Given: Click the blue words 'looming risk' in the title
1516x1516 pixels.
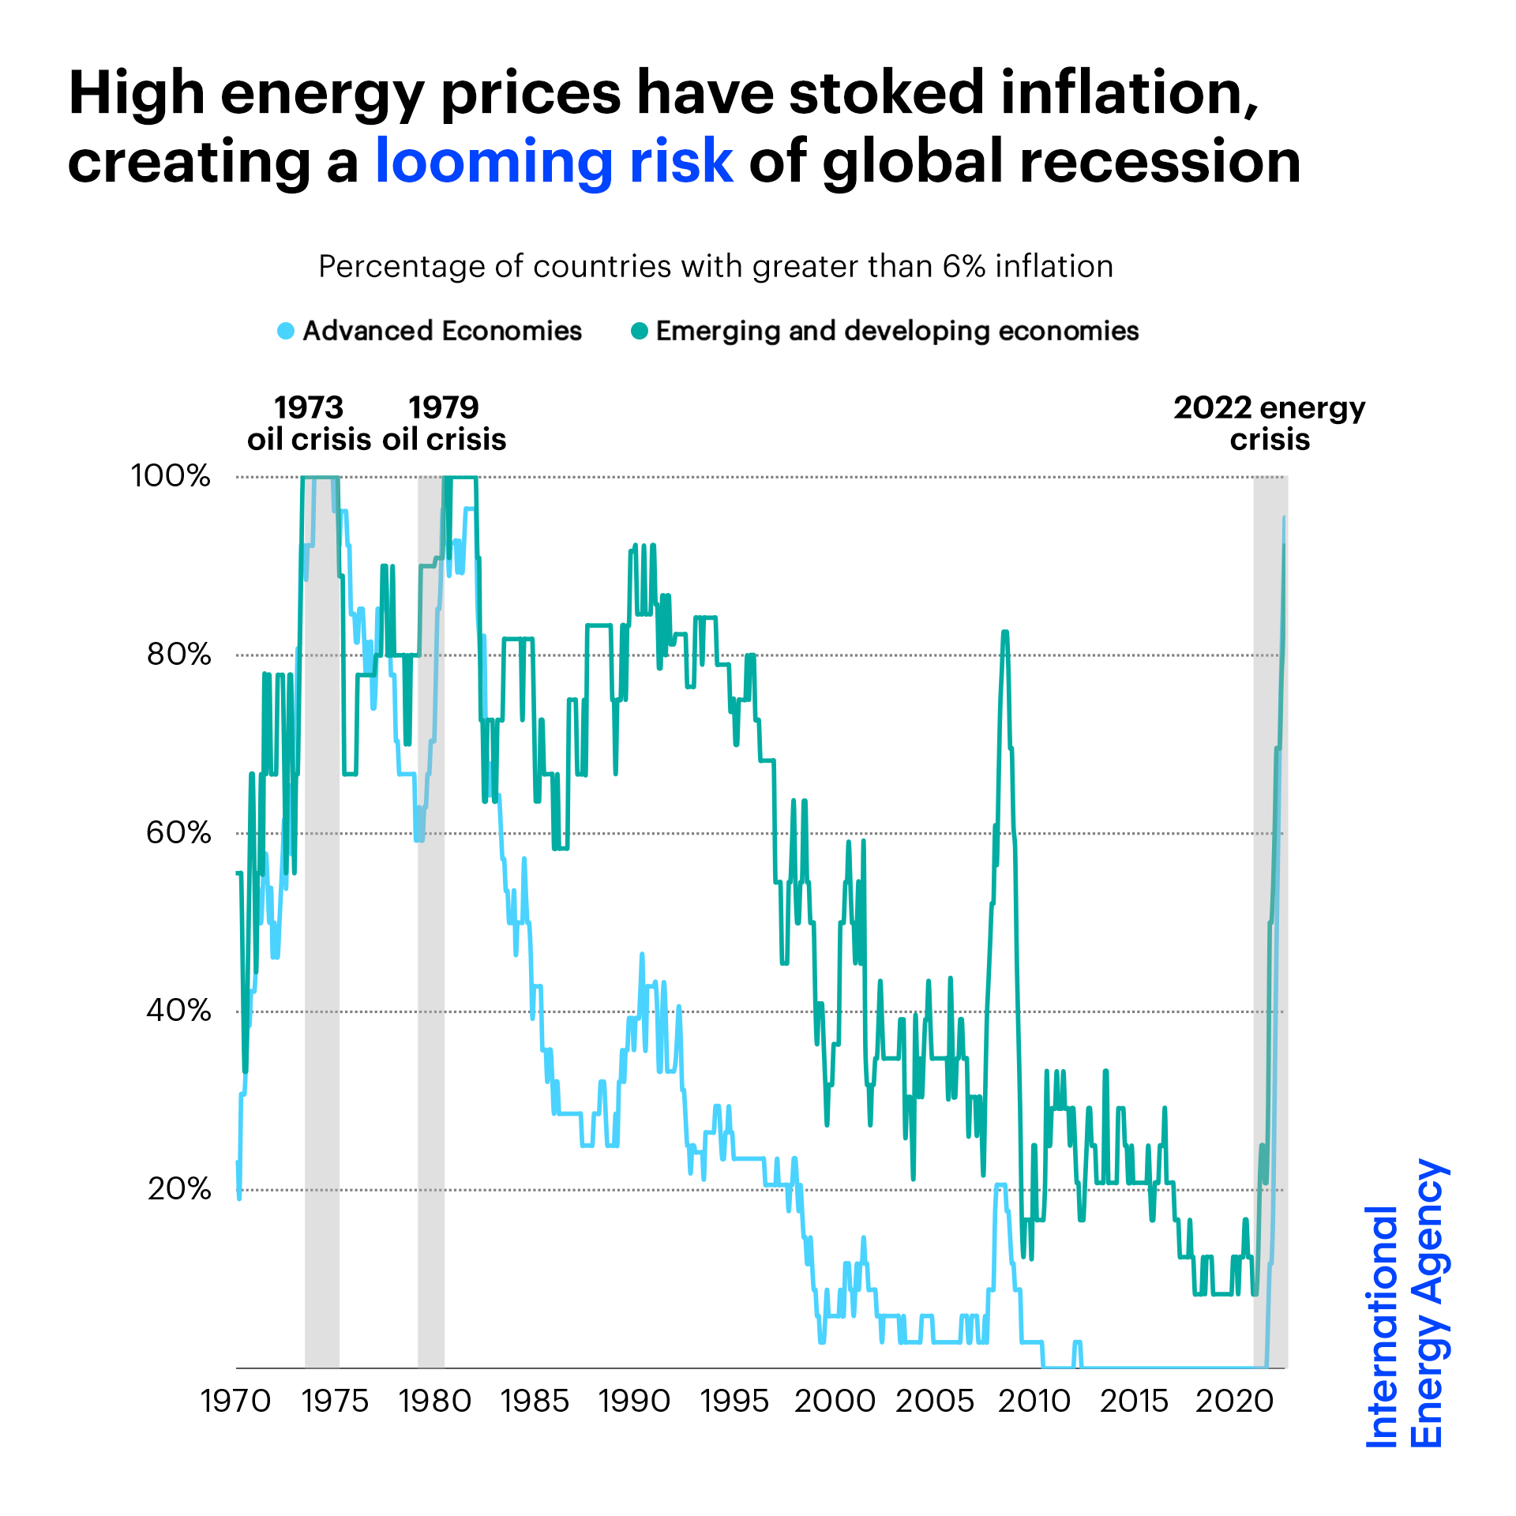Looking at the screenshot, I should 554,161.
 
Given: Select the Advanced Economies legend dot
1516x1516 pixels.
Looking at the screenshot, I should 286,331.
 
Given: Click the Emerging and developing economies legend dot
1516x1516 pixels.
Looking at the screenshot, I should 640,331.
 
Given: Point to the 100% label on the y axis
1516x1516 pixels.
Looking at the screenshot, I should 171,476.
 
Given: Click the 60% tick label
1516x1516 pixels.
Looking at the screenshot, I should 179,833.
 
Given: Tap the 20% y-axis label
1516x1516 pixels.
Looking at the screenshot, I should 179,1188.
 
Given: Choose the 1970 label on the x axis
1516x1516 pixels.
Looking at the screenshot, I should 235,1402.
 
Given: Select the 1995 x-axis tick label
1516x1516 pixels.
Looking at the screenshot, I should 734,1402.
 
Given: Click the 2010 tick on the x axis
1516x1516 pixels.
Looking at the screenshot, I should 1034,1402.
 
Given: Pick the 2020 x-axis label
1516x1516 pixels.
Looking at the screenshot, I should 1235,1402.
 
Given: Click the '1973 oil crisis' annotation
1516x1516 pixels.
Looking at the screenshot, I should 309,424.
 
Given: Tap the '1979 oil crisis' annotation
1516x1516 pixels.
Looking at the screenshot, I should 444,424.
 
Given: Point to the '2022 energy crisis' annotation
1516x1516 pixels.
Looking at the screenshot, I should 1269,424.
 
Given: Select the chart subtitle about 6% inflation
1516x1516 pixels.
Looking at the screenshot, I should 715,267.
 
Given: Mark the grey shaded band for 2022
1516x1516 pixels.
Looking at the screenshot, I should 1270,869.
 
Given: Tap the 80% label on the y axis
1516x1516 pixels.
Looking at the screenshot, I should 179,655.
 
